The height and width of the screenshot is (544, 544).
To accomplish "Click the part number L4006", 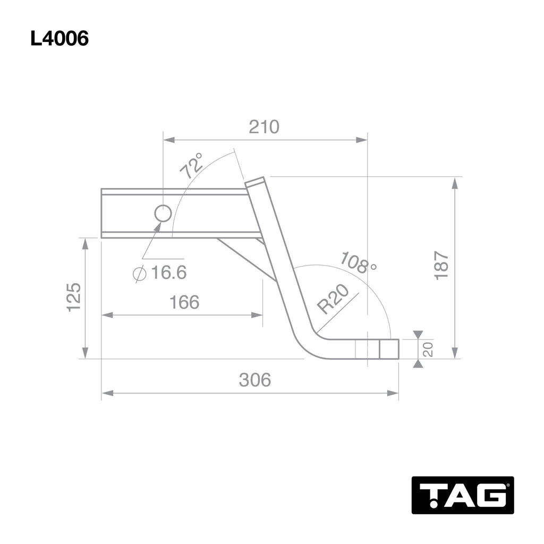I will pos(59,39).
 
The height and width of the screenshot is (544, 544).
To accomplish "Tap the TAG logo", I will pos(462,495).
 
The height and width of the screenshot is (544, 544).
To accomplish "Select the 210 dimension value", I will pos(264,127).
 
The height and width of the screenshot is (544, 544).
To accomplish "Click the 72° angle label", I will pos(192,165).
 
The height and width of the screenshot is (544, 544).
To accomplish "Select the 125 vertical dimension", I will pos(73,297).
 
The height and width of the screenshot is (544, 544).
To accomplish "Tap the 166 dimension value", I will pos(184,302).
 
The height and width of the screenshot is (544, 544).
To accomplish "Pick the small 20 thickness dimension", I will pos(428,349).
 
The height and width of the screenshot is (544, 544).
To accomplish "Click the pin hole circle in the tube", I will pos(163,214).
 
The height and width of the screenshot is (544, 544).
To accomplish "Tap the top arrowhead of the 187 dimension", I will pos(455,183).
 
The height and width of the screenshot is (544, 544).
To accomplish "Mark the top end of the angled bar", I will pos(255,182).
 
